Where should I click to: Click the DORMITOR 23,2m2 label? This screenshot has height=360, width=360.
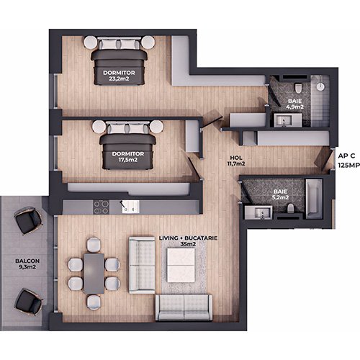click(x=119, y=76)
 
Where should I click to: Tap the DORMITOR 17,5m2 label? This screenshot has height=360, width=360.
click(x=128, y=157)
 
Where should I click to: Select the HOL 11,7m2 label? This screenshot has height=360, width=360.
click(x=236, y=161)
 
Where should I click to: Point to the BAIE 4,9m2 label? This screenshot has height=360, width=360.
click(x=295, y=104)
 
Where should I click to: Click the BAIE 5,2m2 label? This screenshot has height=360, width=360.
click(x=280, y=194)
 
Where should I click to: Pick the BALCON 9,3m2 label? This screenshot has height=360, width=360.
click(x=27, y=264)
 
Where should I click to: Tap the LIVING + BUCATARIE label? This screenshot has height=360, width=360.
click(x=188, y=238)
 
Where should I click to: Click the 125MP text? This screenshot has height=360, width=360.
click(x=349, y=166)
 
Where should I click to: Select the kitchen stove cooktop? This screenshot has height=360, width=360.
click(x=101, y=207)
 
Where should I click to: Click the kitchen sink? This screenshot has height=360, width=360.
click(x=130, y=207)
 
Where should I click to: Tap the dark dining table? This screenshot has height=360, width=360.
click(x=94, y=274)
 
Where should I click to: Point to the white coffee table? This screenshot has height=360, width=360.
click(x=181, y=265)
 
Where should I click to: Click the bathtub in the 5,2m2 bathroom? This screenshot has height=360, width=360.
click(x=314, y=199)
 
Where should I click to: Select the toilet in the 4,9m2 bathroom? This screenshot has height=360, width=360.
click(x=298, y=88)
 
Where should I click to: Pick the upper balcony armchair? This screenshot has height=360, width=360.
click(x=29, y=220)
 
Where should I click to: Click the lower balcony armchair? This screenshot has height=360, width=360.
click(x=29, y=302)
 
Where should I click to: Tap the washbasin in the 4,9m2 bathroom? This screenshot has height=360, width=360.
click(x=288, y=120)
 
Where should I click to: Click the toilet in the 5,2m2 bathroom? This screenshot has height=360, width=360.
click(x=291, y=208)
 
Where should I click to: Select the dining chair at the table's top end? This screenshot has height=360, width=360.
click(x=94, y=245)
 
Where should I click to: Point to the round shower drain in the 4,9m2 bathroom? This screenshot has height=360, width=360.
click(x=320, y=86)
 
